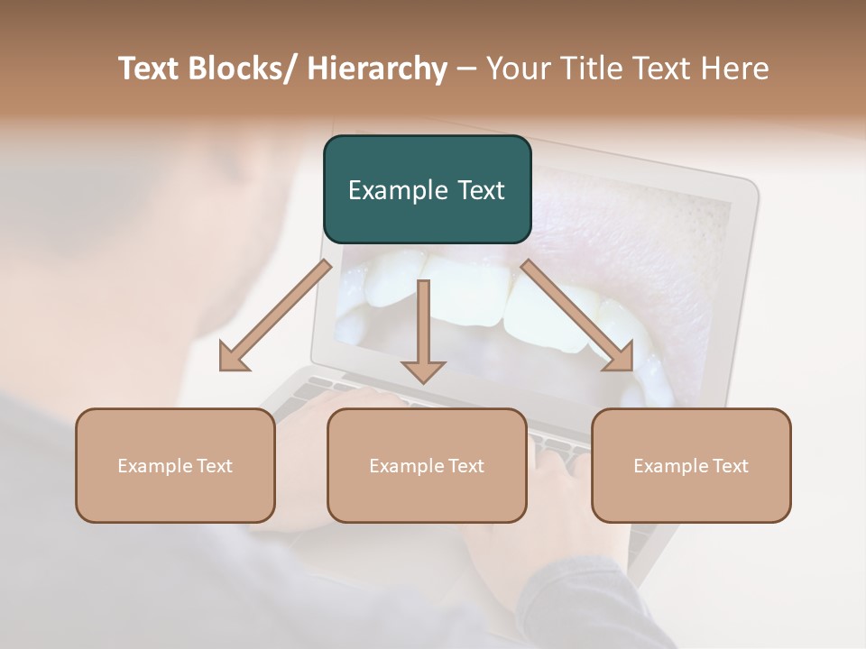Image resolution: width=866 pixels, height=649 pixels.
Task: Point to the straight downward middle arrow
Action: (x=423, y=324)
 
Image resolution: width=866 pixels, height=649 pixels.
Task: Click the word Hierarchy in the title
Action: (x=377, y=69)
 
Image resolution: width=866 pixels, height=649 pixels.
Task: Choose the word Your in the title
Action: (x=517, y=69)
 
